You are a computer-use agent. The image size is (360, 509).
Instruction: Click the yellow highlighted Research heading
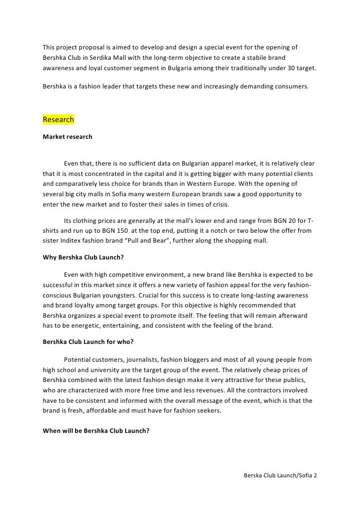click(58, 120)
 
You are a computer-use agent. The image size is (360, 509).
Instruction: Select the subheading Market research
click(67, 136)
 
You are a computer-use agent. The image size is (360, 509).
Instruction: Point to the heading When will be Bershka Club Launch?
click(96, 430)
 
